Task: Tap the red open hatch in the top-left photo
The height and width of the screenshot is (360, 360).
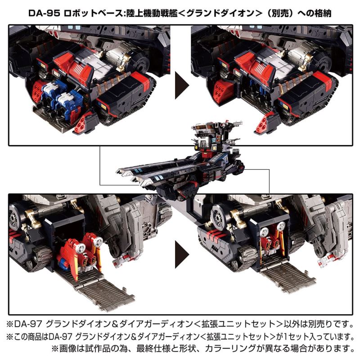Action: pos(81,122)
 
